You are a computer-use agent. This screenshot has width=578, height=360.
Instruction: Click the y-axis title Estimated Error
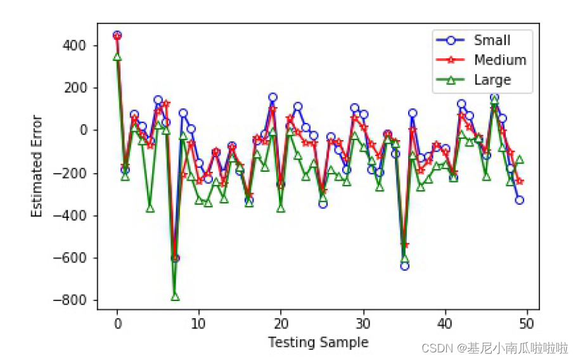click(x=37, y=166)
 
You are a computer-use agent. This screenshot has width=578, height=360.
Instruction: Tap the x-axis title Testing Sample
click(x=318, y=342)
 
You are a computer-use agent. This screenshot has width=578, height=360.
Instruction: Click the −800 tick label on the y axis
click(x=70, y=300)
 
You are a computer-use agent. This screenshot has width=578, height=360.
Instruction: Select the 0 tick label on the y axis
click(x=83, y=131)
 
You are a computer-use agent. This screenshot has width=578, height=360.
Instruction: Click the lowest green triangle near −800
click(x=175, y=297)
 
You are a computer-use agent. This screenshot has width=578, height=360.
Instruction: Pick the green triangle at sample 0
click(x=117, y=57)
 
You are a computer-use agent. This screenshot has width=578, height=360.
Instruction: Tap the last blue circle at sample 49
click(x=520, y=200)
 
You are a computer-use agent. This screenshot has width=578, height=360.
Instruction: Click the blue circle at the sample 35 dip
click(x=404, y=266)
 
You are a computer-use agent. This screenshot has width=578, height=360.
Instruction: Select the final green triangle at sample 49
click(x=520, y=160)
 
